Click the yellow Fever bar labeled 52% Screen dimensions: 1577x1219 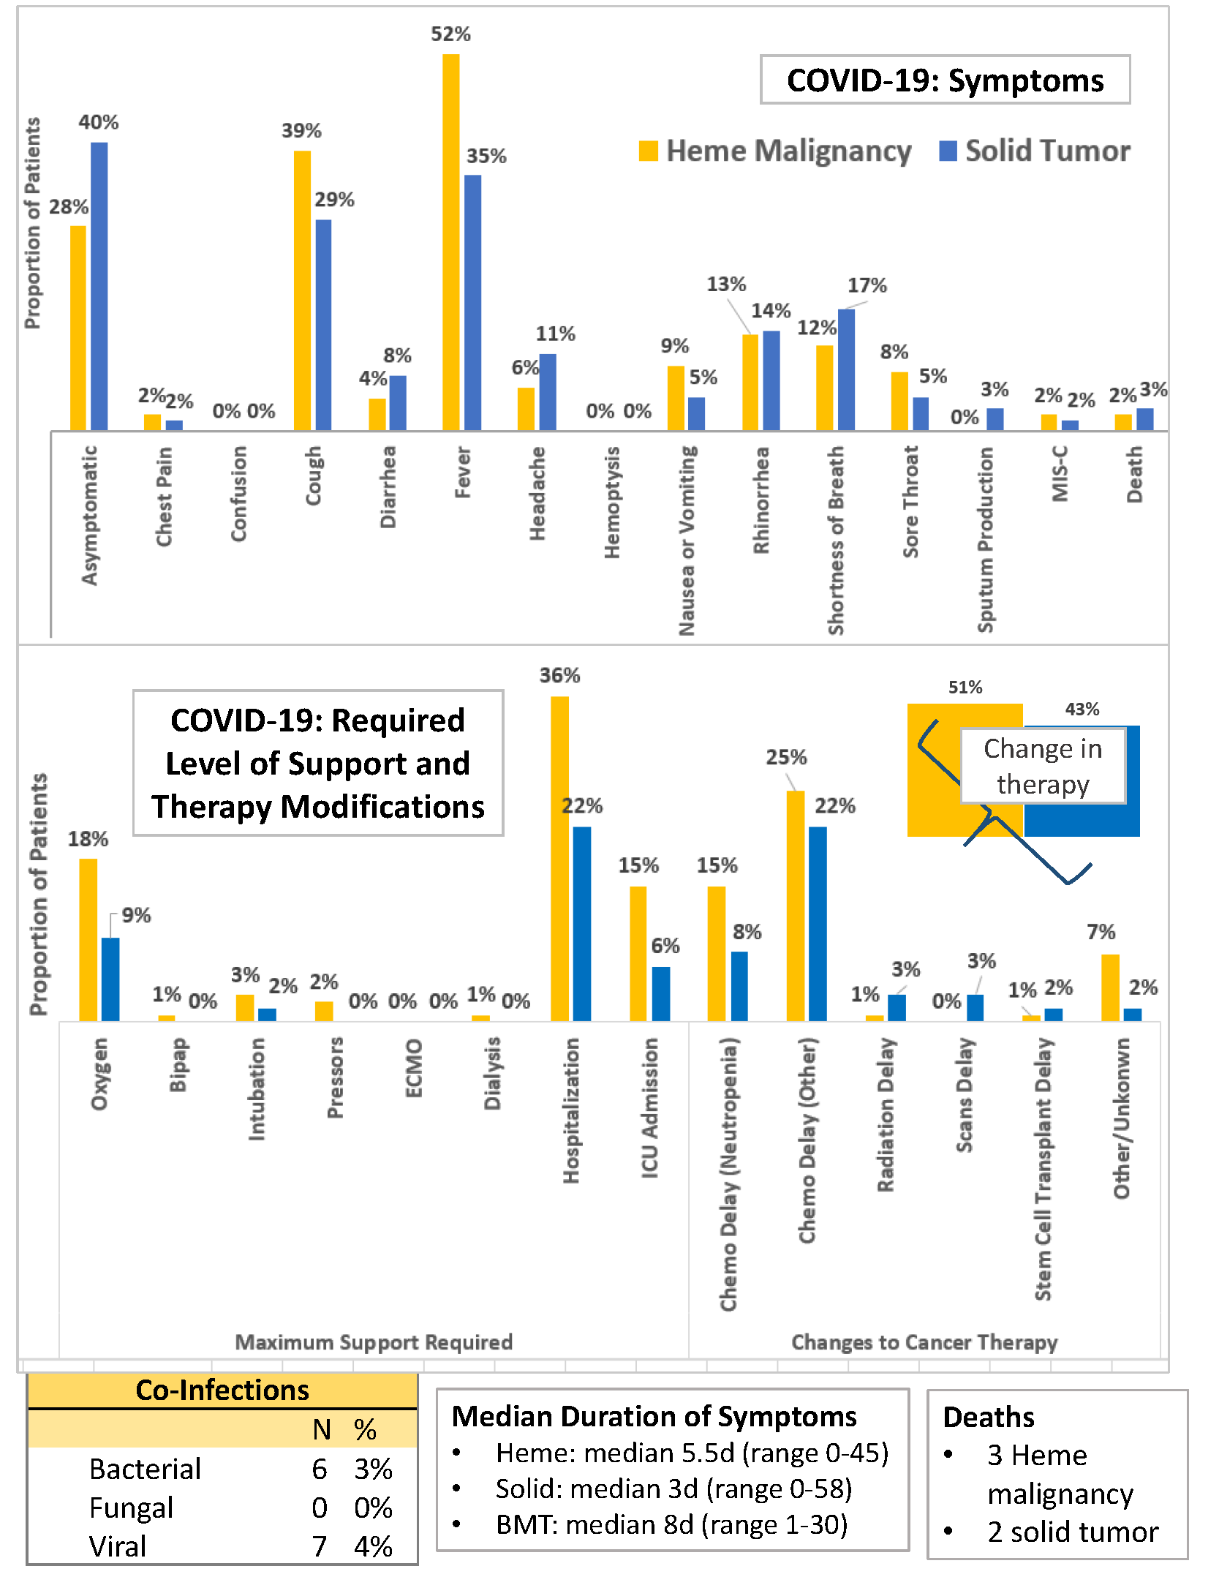point(450,241)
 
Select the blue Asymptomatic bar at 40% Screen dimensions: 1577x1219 point(99,285)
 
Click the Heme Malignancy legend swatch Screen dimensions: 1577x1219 point(648,151)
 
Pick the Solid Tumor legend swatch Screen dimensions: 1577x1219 point(948,151)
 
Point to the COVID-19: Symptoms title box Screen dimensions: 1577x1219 point(945,80)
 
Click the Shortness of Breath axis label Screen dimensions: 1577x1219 point(836,540)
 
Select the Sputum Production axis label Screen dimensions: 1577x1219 point(986,540)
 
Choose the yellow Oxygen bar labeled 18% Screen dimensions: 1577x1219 point(88,939)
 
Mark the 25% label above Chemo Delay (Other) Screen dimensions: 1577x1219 point(786,757)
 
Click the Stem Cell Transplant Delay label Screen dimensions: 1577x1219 point(1043,1168)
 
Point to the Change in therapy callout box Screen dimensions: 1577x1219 point(1043,766)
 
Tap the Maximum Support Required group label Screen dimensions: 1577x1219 point(374,1342)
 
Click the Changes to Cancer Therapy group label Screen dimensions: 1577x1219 point(924,1342)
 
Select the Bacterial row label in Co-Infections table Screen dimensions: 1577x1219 point(145,1469)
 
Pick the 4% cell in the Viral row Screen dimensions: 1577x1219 point(373,1546)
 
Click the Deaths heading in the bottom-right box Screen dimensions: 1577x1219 point(989,1417)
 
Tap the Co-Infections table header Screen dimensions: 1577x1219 point(222,1390)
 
